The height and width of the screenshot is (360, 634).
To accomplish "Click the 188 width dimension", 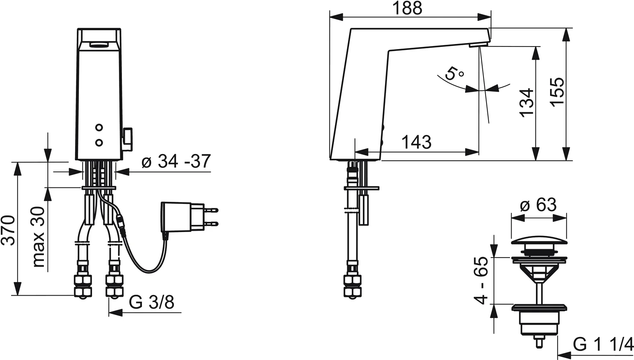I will click(408, 9).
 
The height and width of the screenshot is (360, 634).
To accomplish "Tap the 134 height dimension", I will click(527, 102).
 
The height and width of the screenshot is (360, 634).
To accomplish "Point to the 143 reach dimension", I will click(417, 142).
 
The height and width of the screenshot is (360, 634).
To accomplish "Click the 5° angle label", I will click(453, 74).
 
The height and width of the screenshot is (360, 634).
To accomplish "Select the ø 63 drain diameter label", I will click(538, 205).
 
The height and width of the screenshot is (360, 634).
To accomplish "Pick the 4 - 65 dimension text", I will click(482, 280).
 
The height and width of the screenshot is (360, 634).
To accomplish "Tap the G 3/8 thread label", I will click(151, 302).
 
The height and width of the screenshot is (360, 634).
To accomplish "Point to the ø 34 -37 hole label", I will click(176, 162).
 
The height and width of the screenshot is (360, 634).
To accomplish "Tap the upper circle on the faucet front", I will click(99, 128).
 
